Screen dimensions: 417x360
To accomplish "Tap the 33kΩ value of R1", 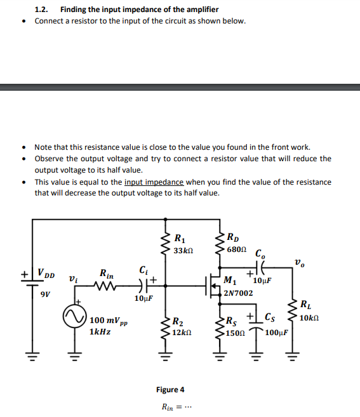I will (183, 251).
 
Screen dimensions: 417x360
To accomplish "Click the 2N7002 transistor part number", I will (239, 293).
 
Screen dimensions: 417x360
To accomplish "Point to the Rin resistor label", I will (106, 274).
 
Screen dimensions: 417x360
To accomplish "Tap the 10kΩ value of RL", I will (310, 317).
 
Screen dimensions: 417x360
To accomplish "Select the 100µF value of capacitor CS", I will (277, 332).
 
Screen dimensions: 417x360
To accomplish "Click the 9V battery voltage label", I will (44, 295).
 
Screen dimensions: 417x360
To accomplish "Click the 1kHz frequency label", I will (100, 331).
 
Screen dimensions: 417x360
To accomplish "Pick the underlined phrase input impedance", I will (154, 182).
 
